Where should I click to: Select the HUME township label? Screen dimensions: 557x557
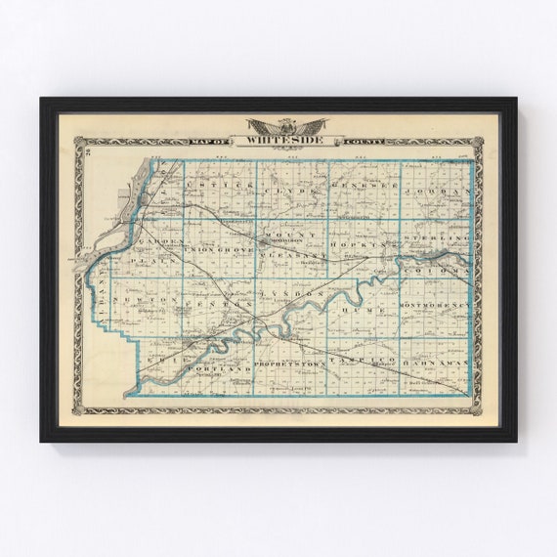click(x=351, y=308)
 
